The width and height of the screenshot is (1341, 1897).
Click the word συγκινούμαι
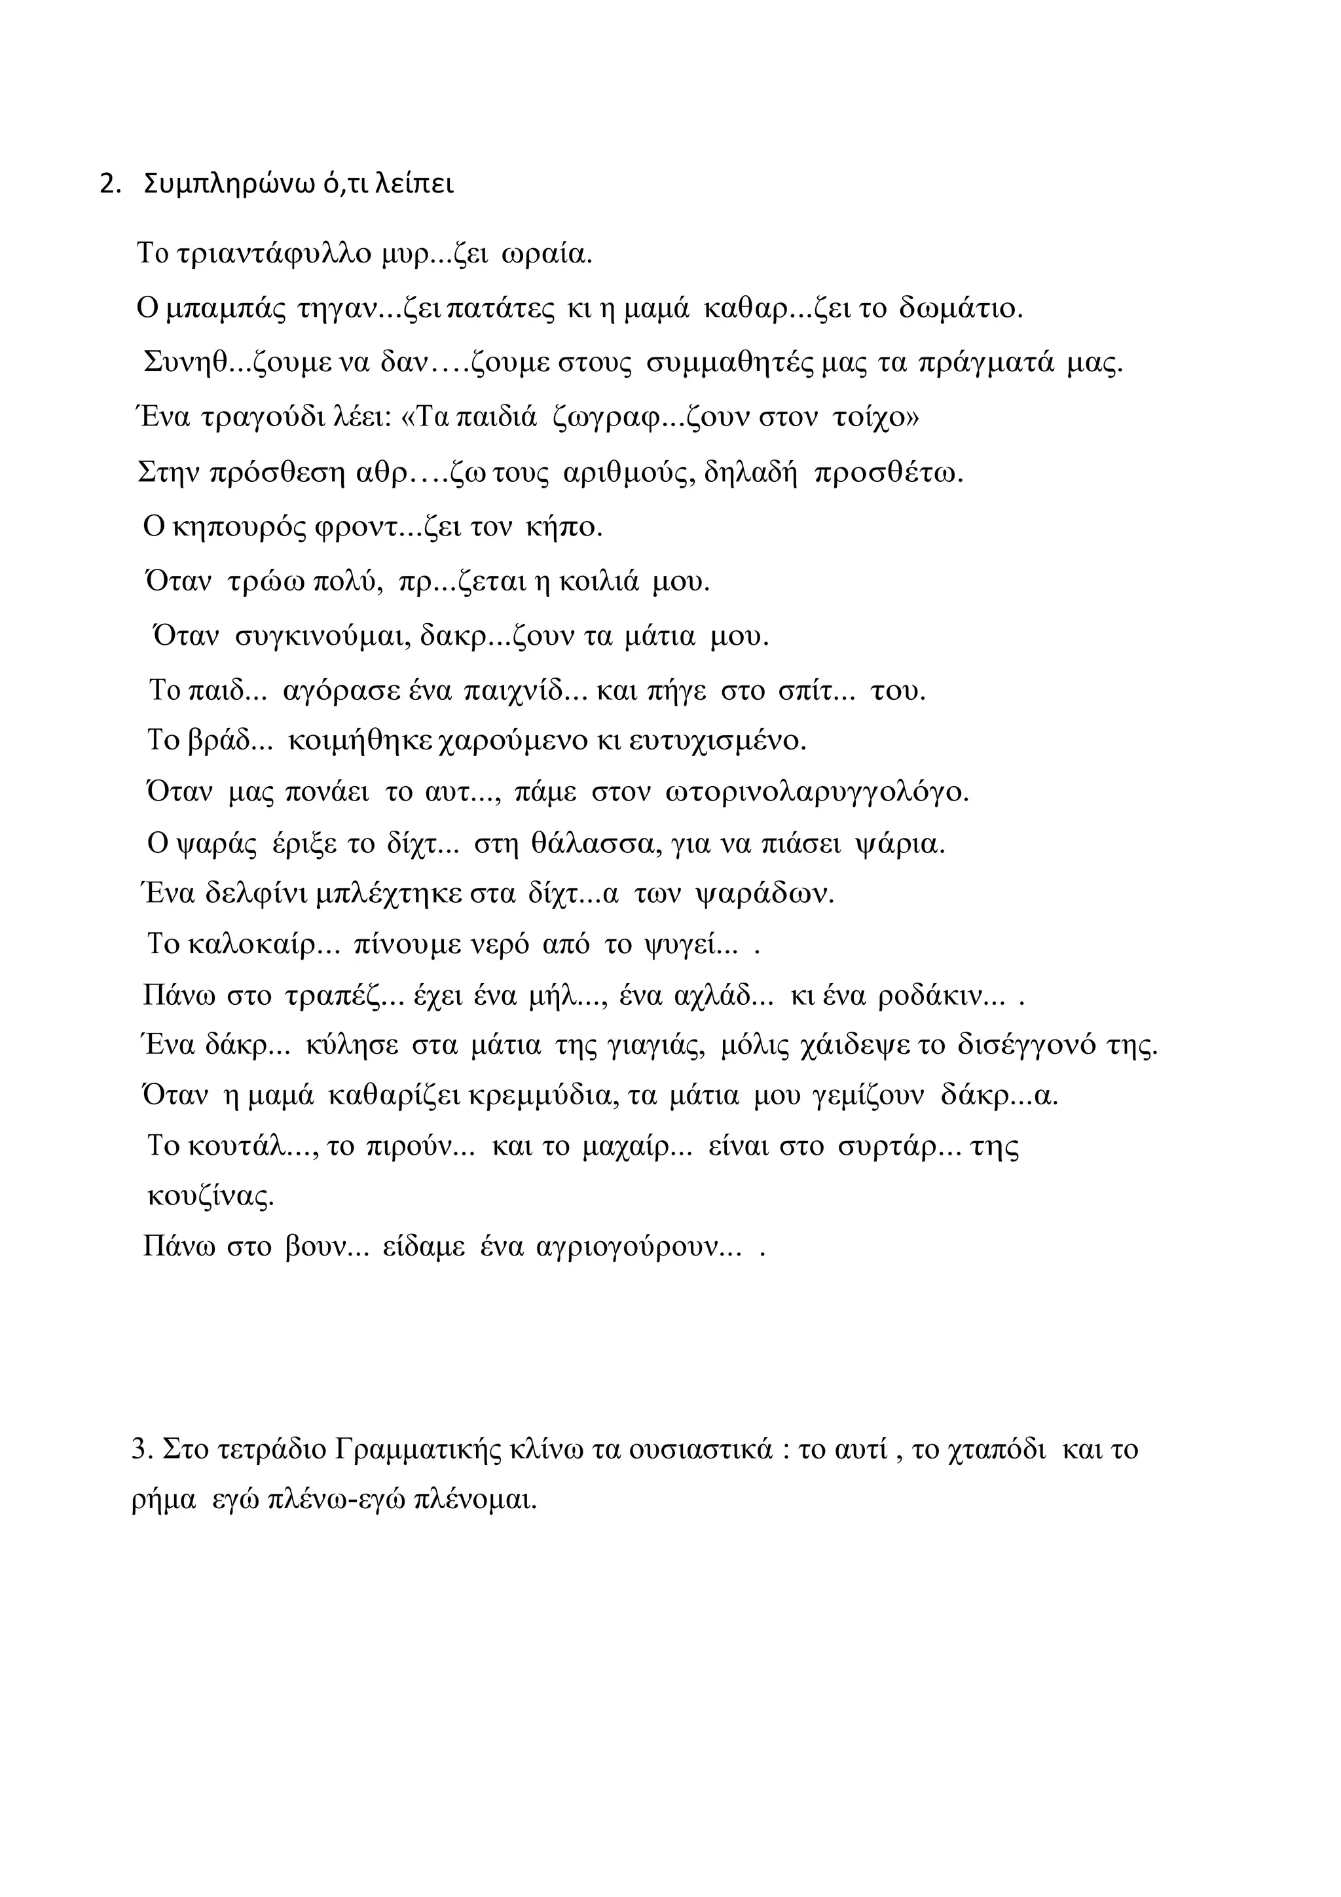pyautogui.click(x=321, y=636)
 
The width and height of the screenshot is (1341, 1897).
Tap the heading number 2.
pyautogui.click(x=107, y=185)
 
